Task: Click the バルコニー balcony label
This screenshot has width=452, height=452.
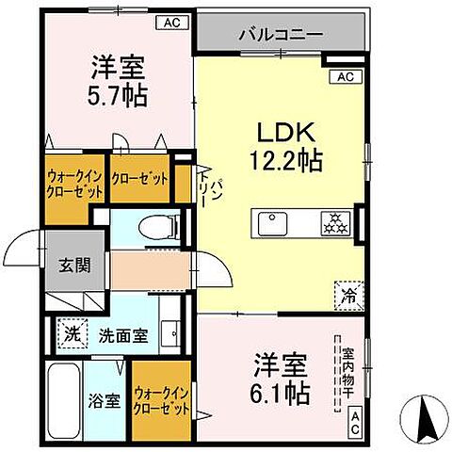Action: pyautogui.click(x=281, y=34)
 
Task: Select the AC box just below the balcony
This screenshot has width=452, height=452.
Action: pyautogui.click(x=344, y=76)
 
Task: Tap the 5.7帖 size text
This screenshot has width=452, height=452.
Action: pyautogui.click(x=119, y=95)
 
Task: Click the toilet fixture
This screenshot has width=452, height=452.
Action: pyautogui.click(x=152, y=225)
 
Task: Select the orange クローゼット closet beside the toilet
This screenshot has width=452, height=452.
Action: pyautogui.click(x=140, y=179)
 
